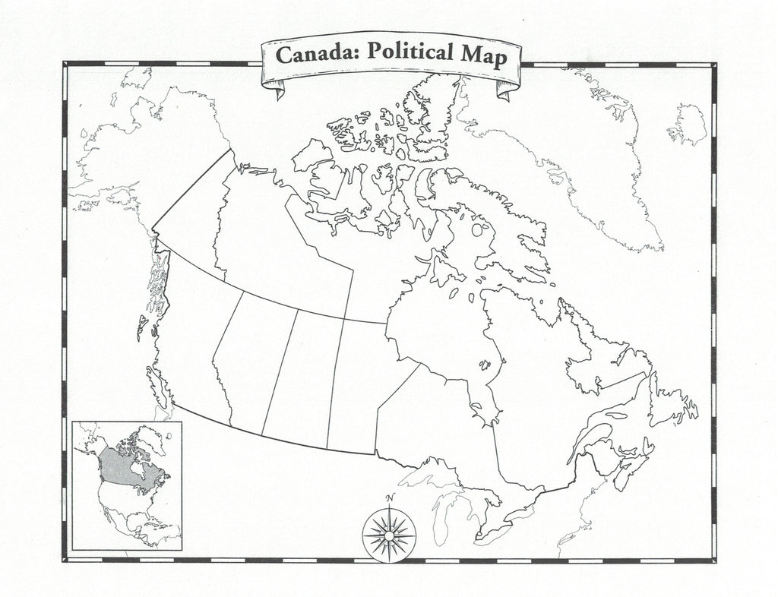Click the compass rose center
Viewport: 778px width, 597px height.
388,531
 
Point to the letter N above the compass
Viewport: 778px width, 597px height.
390,498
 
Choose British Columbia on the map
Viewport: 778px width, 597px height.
190,334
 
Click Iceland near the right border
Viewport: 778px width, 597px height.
690,124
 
